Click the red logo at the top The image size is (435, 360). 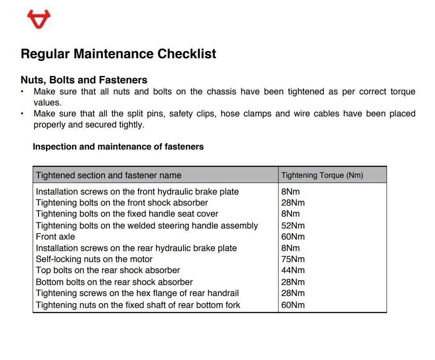click(39, 19)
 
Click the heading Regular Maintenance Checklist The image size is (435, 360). click(118, 54)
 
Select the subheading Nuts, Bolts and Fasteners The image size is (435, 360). click(84, 80)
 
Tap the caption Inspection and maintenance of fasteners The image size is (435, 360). click(118, 146)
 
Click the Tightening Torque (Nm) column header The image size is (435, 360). click(322, 175)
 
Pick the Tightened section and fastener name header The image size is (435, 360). click(109, 175)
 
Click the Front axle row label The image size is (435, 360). click(55, 236)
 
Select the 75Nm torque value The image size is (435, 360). click(293, 259)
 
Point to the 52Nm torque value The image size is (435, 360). click(293, 225)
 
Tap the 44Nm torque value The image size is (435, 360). click(293, 270)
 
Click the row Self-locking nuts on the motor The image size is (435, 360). click(94, 259)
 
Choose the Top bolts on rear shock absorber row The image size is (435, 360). click(108, 270)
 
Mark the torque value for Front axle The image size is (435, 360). click(293, 236)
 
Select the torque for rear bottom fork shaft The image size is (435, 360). click(293, 304)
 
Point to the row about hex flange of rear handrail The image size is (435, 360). click(137, 293)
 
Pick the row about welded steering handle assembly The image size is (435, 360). click(146, 225)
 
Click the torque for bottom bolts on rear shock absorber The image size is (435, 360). click(293, 282)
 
